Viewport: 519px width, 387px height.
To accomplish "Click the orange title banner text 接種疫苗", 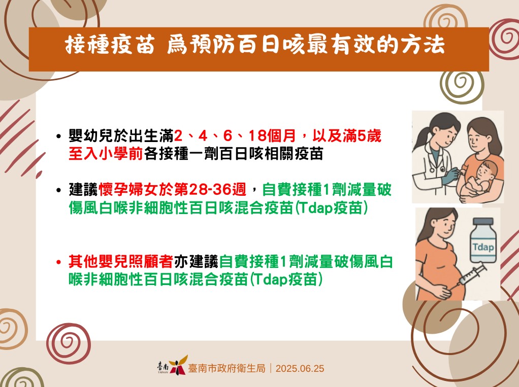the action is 110,45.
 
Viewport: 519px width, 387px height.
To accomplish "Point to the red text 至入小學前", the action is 106,154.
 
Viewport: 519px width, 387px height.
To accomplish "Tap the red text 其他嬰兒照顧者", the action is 121,261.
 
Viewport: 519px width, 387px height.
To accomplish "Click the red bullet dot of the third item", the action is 58,262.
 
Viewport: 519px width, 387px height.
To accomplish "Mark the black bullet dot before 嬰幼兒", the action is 58,136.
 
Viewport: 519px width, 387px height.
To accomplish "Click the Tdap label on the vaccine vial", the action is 483,247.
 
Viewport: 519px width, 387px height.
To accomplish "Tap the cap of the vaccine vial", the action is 483,222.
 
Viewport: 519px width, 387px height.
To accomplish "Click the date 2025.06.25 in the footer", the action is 300,369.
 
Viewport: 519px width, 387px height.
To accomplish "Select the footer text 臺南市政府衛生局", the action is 226,368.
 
